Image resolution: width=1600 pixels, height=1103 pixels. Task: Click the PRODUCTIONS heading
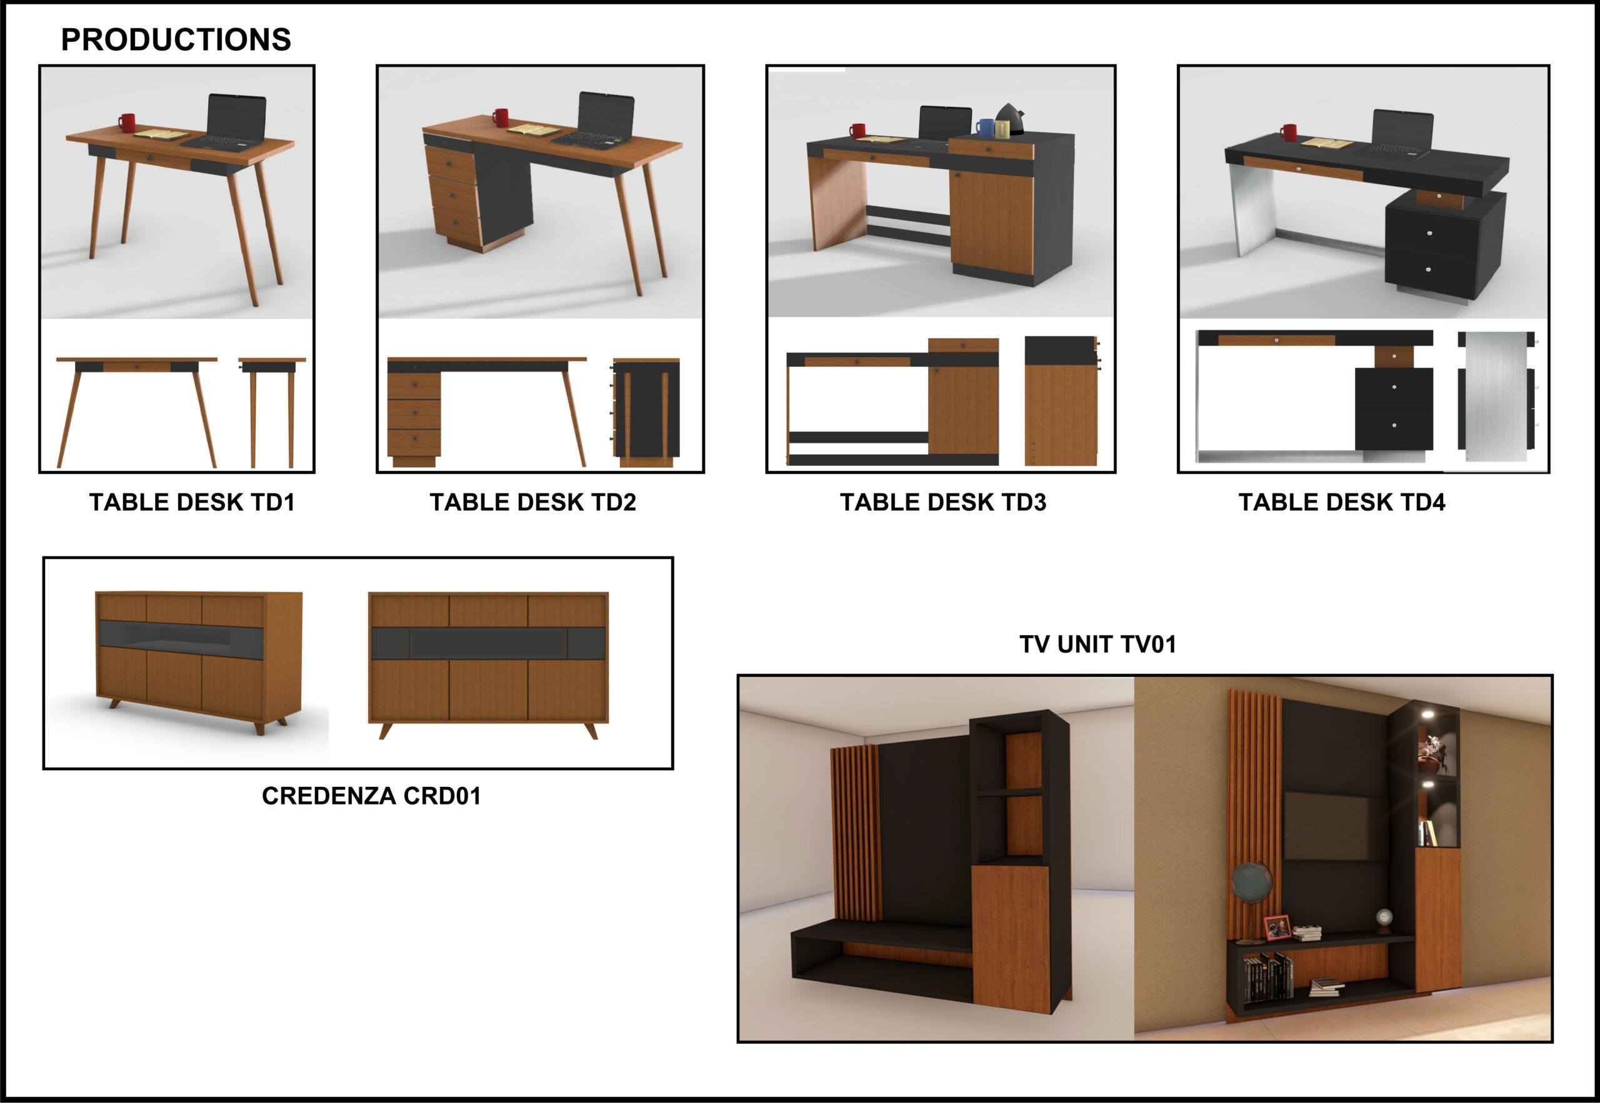(176, 40)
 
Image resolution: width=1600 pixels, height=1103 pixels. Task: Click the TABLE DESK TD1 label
(192, 502)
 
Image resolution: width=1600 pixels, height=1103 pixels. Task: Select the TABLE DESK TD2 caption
(532, 502)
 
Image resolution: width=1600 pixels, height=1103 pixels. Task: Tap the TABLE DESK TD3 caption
(943, 502)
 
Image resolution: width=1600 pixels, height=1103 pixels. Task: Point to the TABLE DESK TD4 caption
(1341, 502)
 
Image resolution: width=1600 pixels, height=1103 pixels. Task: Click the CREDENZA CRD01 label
(371, 796)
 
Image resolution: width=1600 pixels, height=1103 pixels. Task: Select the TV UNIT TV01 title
(1097, 644)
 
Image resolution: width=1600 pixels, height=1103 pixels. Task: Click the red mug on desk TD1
(126, 122)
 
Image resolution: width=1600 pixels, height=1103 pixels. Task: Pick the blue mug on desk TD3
(984, 127)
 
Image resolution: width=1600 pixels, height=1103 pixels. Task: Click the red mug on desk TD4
(1288, 132)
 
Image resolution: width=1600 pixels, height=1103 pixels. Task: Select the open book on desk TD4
(1327, 144)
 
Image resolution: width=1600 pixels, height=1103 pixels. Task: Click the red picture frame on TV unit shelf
(1277, 927)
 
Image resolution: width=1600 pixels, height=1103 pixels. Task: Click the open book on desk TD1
(161, 134)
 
